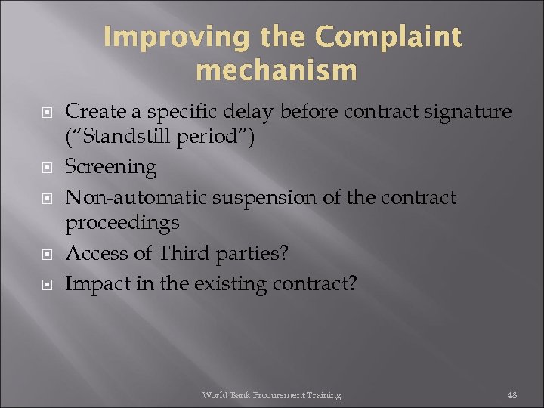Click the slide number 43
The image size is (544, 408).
(x=512, y=395)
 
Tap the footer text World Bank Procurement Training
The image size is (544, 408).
(x=271, y=395)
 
